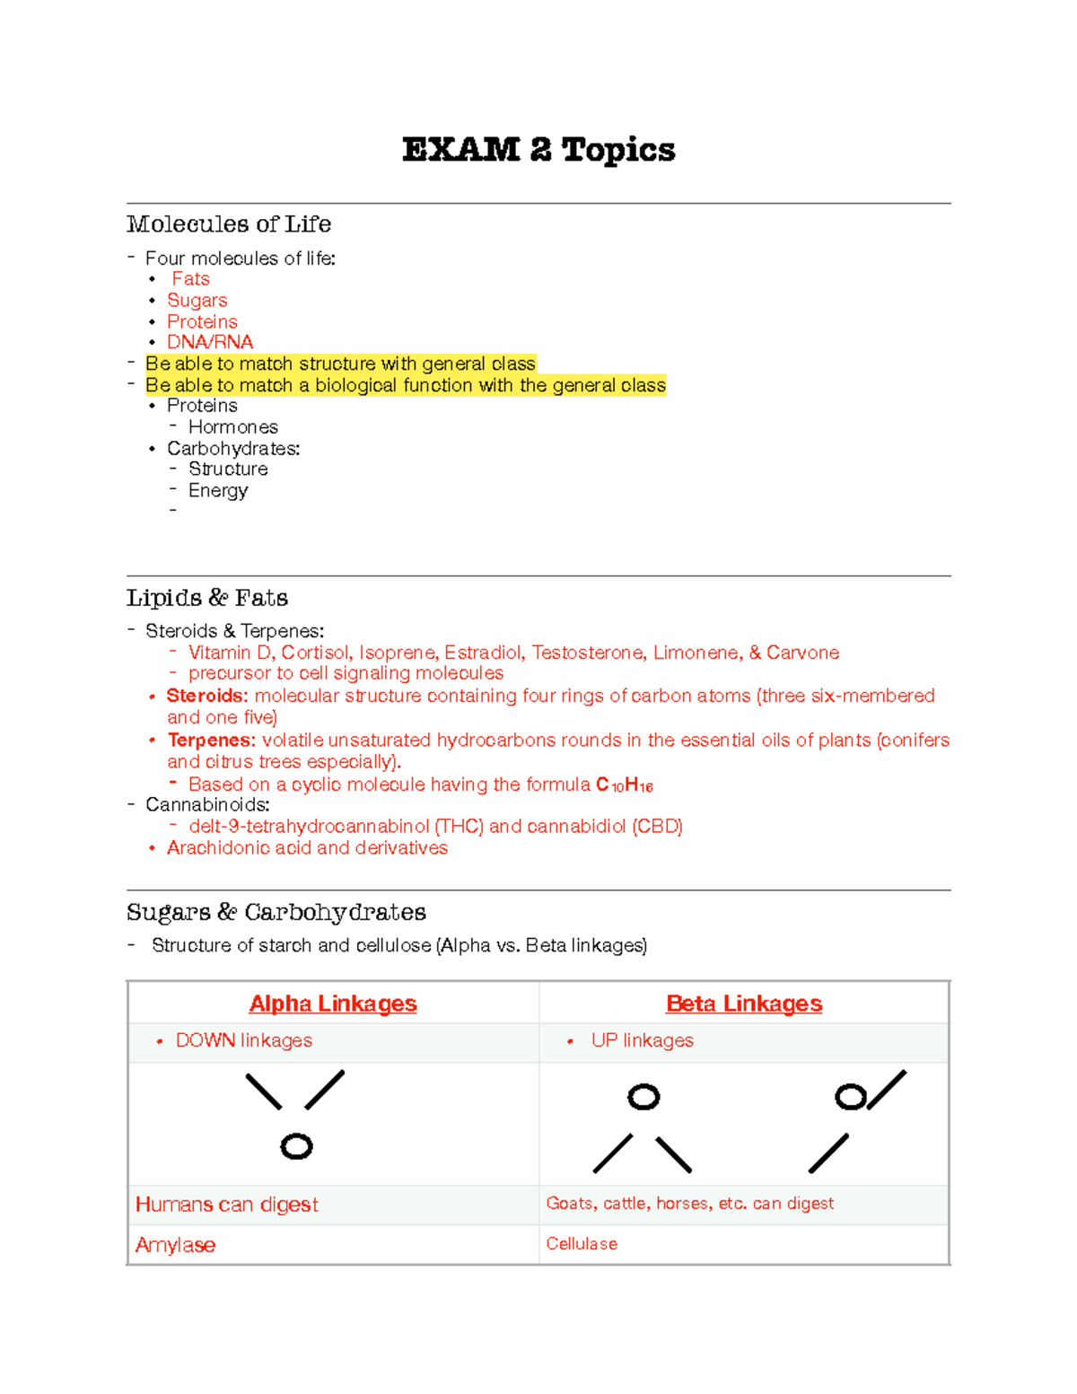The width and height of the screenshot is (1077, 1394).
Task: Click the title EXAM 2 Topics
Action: [538, 149]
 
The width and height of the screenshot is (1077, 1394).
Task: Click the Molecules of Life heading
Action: [229, 224]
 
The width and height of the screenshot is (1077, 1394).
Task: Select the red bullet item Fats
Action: [190, 279]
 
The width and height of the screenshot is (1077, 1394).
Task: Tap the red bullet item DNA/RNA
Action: [210, 342]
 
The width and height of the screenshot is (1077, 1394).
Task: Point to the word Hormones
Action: [233, 427]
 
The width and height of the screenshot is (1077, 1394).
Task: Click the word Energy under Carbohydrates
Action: [218, 490]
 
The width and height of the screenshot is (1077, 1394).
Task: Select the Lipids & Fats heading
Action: [207, 598]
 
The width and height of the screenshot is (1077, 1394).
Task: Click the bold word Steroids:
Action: [206, 696]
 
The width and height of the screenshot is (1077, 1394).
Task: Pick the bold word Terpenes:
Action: [211, 741]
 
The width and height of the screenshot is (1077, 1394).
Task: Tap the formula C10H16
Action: [625, 785]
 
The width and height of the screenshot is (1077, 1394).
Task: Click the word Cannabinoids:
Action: [207, 804]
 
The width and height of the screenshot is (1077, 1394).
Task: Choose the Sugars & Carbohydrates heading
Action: [276, 912]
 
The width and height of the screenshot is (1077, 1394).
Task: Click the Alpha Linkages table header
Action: [333, 1004]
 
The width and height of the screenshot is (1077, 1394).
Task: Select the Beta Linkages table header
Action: [744, 1004]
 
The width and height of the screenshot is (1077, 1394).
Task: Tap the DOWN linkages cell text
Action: [244, 1040]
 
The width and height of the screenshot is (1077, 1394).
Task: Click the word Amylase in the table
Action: [175, 1245]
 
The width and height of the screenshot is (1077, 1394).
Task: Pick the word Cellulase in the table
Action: [582, 1244]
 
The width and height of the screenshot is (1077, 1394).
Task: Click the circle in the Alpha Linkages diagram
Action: [296, 1146]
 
